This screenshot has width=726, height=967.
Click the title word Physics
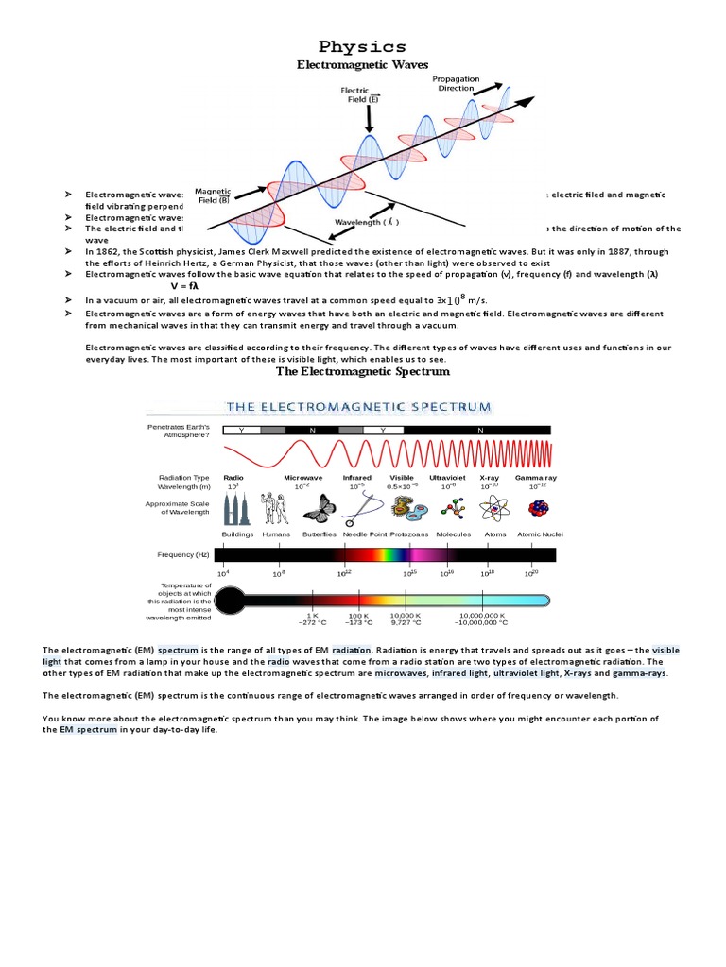click(362, 46)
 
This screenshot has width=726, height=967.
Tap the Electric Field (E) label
click(361, 94)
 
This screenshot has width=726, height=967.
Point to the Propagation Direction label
click(456, 83)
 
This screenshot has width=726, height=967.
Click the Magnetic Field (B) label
click(213, 195)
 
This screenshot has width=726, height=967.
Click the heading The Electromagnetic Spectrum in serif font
click(362, 372)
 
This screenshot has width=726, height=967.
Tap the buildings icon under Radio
click(236, 510)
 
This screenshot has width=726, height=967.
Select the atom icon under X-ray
click(493, 510)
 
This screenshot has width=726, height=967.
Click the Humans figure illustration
click(276, 510)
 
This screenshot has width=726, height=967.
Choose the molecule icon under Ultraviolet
click(453, 510)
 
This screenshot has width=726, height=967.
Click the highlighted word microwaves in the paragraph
click(400, 674)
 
